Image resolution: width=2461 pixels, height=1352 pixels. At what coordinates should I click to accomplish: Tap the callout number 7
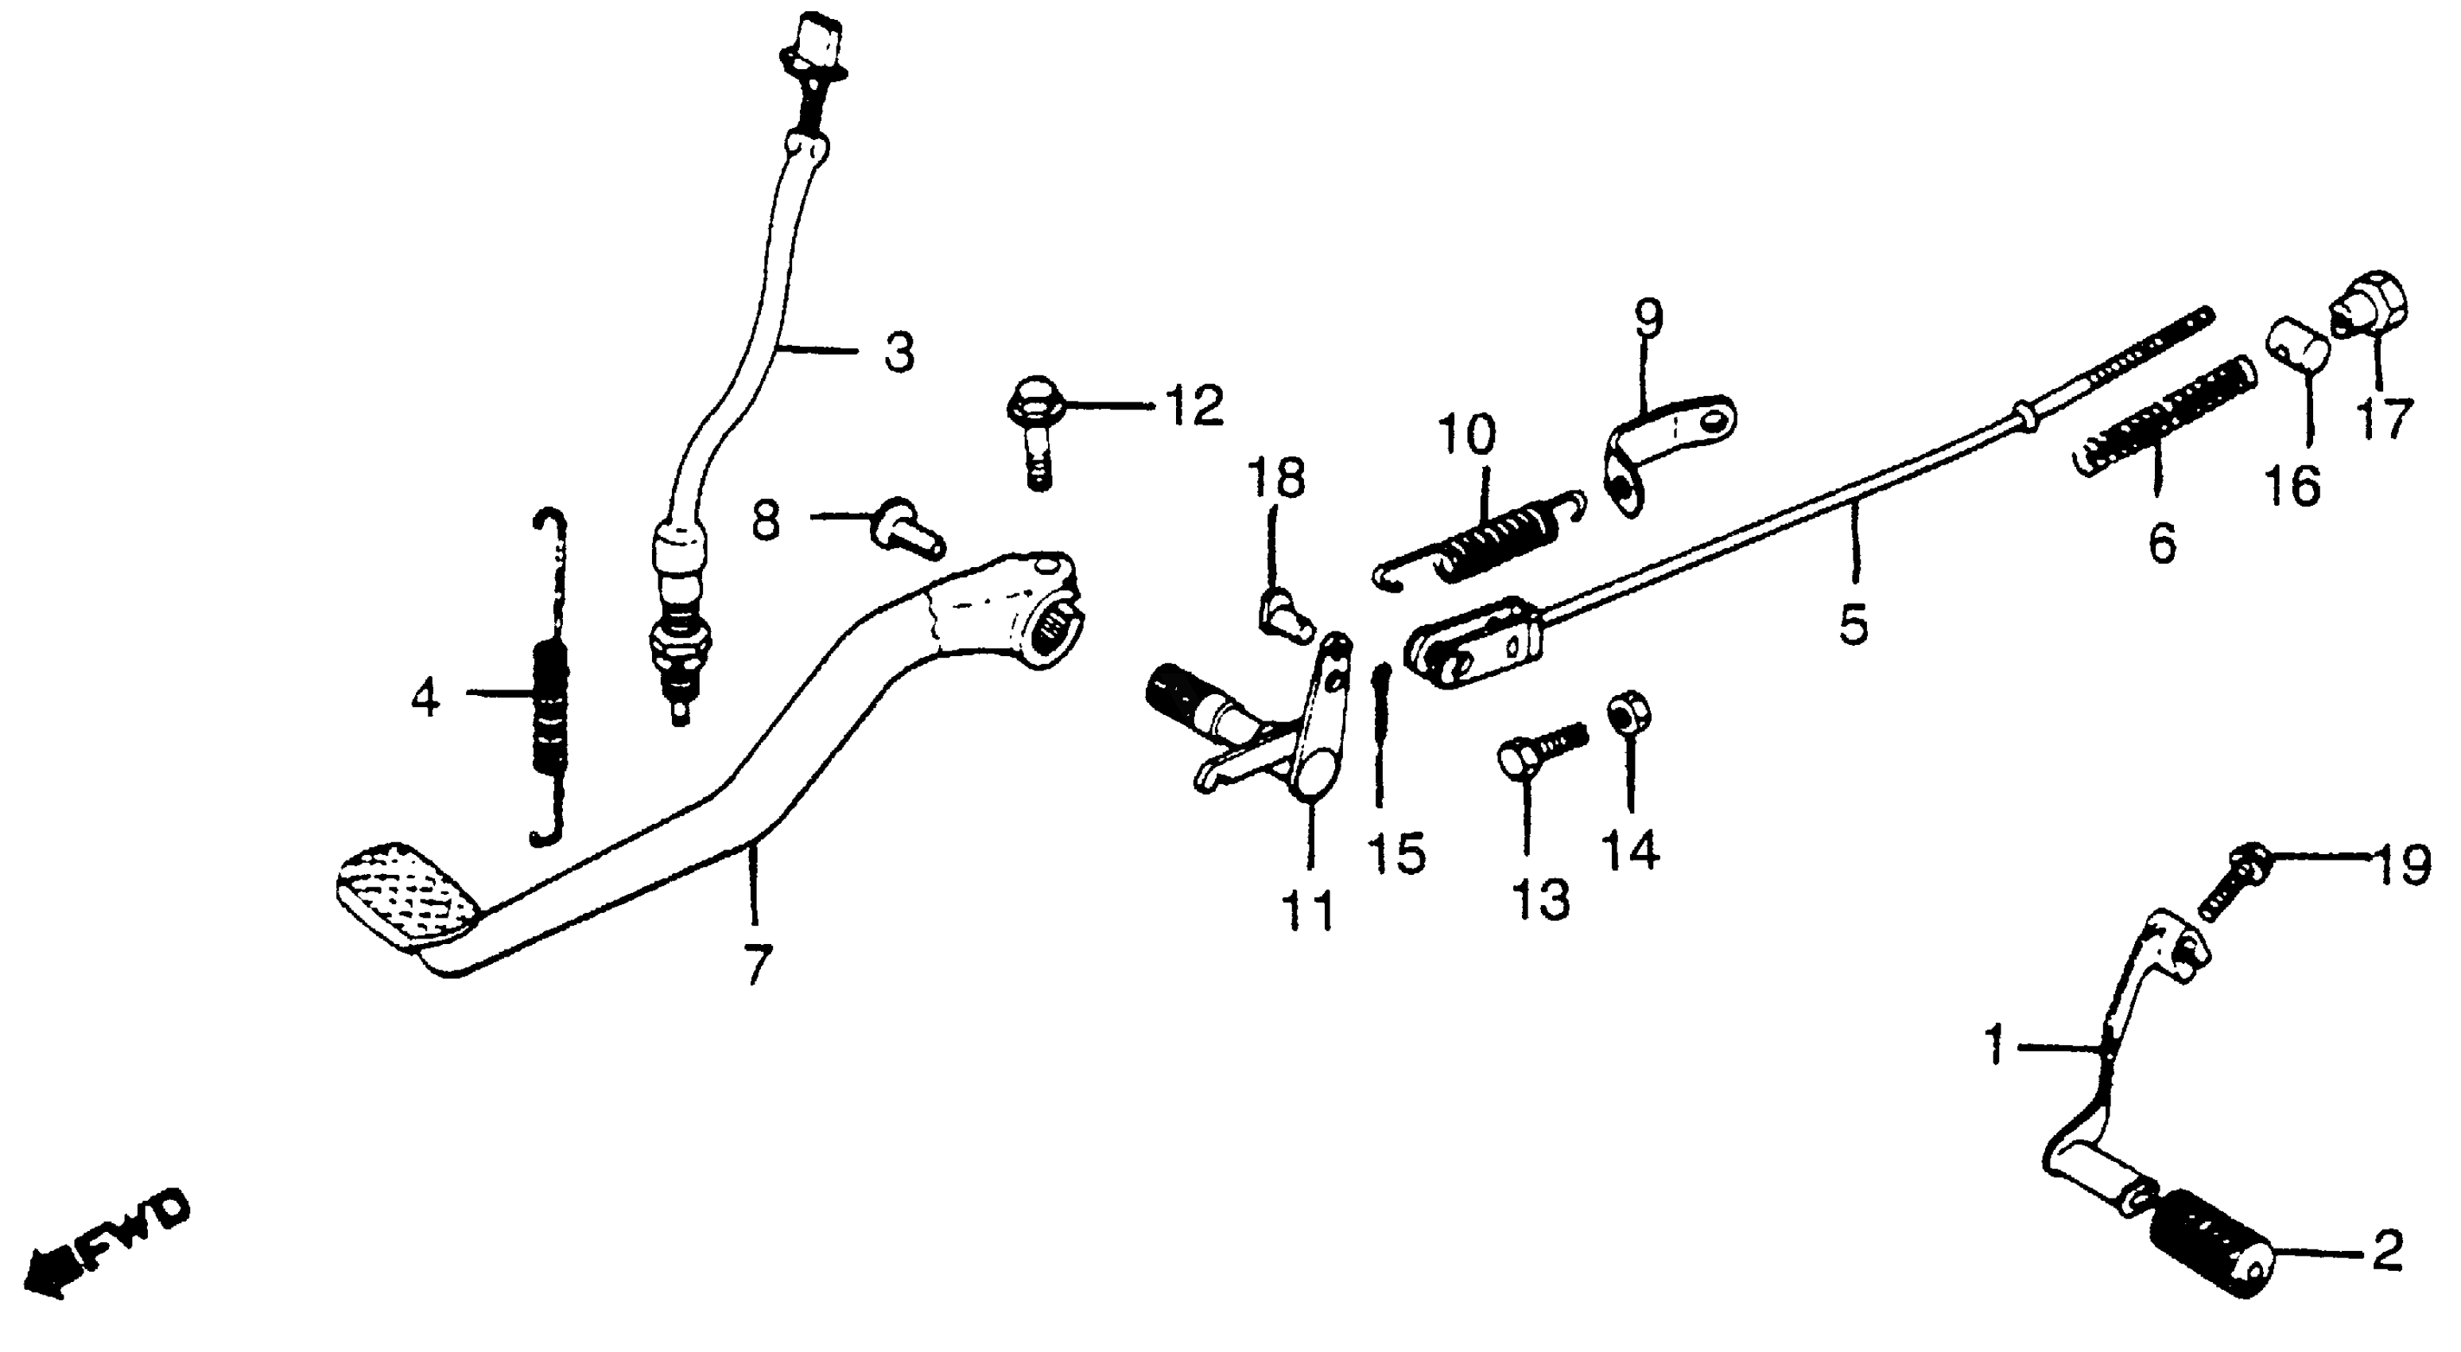[755, 964]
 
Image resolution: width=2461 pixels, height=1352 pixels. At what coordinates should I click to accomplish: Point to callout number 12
[1194, 406]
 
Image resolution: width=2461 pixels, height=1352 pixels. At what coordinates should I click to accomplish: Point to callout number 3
[897, 352]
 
